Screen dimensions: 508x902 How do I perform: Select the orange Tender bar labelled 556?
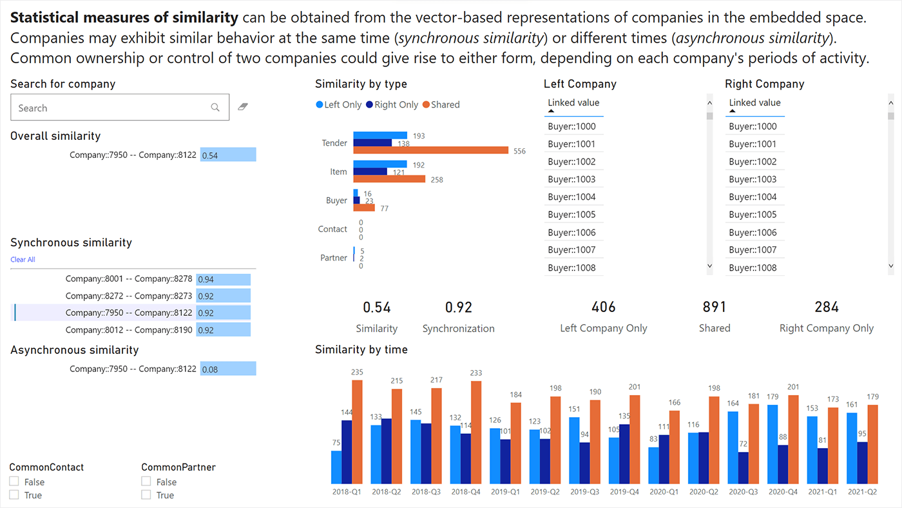tap(431, 151)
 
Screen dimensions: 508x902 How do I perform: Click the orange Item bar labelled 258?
tap(389, 179)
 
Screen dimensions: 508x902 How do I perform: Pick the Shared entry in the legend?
tap(441, 104)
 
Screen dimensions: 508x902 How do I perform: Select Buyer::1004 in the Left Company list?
tap(571, 197)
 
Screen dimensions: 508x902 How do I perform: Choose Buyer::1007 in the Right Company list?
tap(753, 250)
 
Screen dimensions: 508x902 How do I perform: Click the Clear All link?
tap(23, 260)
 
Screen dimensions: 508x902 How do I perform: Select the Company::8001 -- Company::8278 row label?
tap(129, 279)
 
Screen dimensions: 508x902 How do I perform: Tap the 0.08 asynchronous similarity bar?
tap(228, 369)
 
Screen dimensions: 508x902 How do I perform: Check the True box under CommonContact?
tap(14, 494)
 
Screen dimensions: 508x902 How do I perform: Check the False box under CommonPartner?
tap(146, 482)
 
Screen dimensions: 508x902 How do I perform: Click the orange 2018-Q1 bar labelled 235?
tap(357, 432)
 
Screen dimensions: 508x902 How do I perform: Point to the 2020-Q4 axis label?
tap(783, 491)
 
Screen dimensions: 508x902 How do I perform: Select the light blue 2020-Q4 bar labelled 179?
tap(772, 444)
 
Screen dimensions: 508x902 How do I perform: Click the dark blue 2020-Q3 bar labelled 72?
tap(744, 467)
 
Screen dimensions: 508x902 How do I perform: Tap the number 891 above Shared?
tap(715, 307)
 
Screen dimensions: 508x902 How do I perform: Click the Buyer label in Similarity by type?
tap(336, 200)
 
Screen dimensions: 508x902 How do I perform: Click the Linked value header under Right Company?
tap(754, 103)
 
